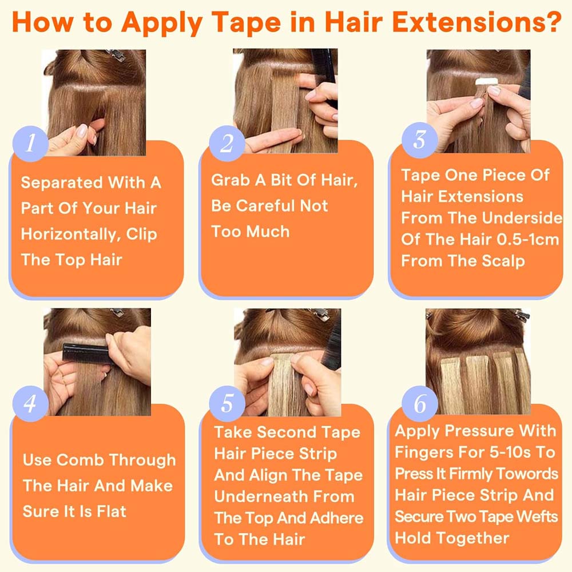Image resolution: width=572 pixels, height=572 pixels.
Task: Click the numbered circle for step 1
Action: point(30,143)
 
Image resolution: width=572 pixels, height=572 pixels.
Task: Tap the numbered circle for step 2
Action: point(227,143)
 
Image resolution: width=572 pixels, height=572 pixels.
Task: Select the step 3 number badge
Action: point(419,140)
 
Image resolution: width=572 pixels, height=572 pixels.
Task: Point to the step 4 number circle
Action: point(30,403)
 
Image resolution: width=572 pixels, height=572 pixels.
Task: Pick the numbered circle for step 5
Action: point(227,403)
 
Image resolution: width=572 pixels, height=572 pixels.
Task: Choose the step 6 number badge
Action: point(419,403)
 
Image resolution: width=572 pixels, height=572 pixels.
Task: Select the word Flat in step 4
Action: point(112,511)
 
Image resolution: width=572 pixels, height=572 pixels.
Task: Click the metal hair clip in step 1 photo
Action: point(117,55)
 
